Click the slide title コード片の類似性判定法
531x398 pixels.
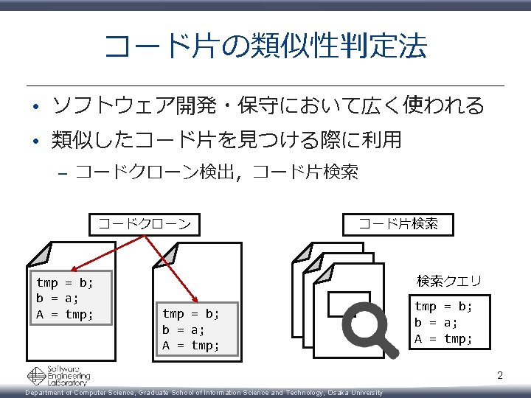(265, 46)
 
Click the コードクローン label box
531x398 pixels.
(145, 223)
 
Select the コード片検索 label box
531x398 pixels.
(398, 223)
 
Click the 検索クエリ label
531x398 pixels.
(448, 281)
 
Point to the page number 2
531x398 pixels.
(499, 376)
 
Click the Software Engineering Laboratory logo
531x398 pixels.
(58, 376)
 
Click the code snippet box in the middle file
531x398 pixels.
(197, 329)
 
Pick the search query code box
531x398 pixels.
(443, 322)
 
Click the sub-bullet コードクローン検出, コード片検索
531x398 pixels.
(217, 172)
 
